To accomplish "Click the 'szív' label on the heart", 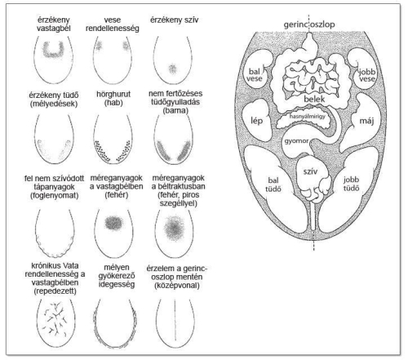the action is [x=310, y=171].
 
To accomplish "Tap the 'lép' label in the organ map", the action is [x=256, y=120].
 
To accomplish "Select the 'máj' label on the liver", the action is [x=366, y=120].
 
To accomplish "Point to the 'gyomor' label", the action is [x=296, y=141].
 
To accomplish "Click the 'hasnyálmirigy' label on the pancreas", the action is [x=307, y=116].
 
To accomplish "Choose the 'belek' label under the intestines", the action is [x=314, y=99].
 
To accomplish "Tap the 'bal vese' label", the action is [x=255, y=75].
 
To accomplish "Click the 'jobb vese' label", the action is [x=367, y=75].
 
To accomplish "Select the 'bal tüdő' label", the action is [x=273, y=184].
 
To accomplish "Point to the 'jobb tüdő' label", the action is [x=351, y=184].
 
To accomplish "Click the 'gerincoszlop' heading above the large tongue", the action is [x=309, y=24].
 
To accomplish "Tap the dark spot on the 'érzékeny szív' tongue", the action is [x=172, y=69].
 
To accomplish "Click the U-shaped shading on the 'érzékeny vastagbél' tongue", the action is [x=53, y=50].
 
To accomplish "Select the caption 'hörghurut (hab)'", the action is [x=113, y=99].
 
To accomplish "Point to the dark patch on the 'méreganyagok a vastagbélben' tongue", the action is [x=113, y=222].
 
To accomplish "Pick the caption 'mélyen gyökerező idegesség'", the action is [x=117, y=276].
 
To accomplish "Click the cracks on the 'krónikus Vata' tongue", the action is [x=55, y=318].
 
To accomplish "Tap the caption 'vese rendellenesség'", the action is [x=113, y=24].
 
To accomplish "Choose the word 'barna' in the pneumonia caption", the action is [x=175, y=111].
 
